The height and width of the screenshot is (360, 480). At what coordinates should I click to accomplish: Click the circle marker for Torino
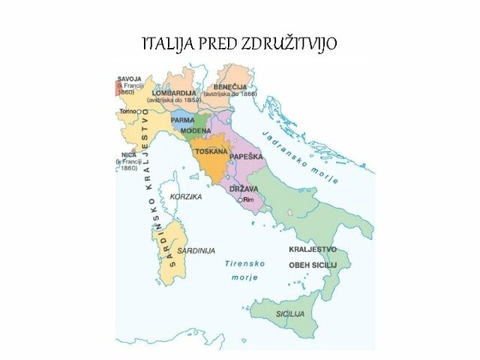142,111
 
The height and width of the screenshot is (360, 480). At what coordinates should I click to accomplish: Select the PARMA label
183,119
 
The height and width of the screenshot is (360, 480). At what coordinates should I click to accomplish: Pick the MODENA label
196,130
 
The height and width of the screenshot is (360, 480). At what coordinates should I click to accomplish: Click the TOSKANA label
211,151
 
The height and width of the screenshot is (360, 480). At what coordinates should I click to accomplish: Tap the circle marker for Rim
239,200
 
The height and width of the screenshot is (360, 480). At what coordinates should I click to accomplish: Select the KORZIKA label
186,196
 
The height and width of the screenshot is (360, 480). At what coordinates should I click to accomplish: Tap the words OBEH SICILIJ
313,265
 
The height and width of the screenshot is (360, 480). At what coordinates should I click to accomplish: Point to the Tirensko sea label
241,264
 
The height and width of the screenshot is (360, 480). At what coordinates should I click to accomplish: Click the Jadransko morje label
300,156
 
